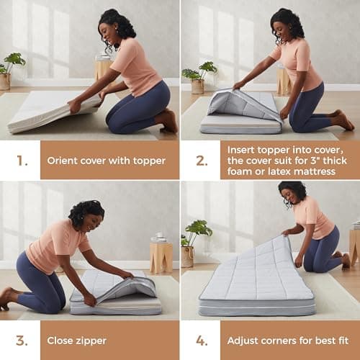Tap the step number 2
tap(201, 161)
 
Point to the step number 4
tap(201, 341)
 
